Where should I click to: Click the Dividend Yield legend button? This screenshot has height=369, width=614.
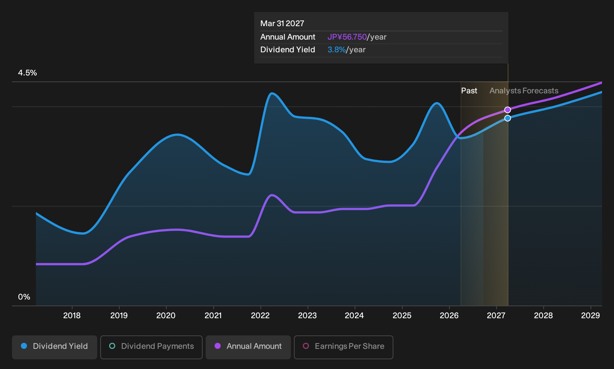[x=55, y=347]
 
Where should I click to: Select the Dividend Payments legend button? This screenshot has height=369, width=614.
[x=151, y=347]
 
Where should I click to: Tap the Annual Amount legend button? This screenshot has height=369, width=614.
[x=248, y=347]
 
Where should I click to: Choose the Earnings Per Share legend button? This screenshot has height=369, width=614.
[x=343, y=347]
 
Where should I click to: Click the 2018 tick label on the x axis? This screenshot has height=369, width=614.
[x=72, y=316]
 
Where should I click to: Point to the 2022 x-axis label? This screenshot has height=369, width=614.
[x=260, y=316]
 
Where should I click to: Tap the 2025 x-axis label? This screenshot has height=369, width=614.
[x=402, y=316]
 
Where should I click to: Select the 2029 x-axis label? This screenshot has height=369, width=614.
[x=591, y=316]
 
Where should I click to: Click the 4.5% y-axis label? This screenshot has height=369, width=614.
[x=27, y=73]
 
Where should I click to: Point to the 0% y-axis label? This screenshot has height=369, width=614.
[x=24, y=297]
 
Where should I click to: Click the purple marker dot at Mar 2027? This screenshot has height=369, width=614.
[x=508, y=110]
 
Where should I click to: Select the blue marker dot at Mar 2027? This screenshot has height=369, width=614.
[x=508, y=118]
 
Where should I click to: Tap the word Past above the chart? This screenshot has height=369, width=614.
[x=469, y=91]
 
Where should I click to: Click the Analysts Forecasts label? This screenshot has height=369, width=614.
[x=524, y=91]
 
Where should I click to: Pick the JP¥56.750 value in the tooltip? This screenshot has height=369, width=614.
[x=347, y=37]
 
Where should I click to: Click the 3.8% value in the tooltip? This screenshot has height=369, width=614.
[x=337, y=50]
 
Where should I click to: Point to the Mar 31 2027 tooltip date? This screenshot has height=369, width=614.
[x=282, y=24]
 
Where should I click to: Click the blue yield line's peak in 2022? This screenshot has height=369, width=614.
[x=271, y=93]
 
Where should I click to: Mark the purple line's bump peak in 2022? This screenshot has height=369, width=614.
[x=271, y=195]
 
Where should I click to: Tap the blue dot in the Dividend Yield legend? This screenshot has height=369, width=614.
[x=24, y=346]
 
